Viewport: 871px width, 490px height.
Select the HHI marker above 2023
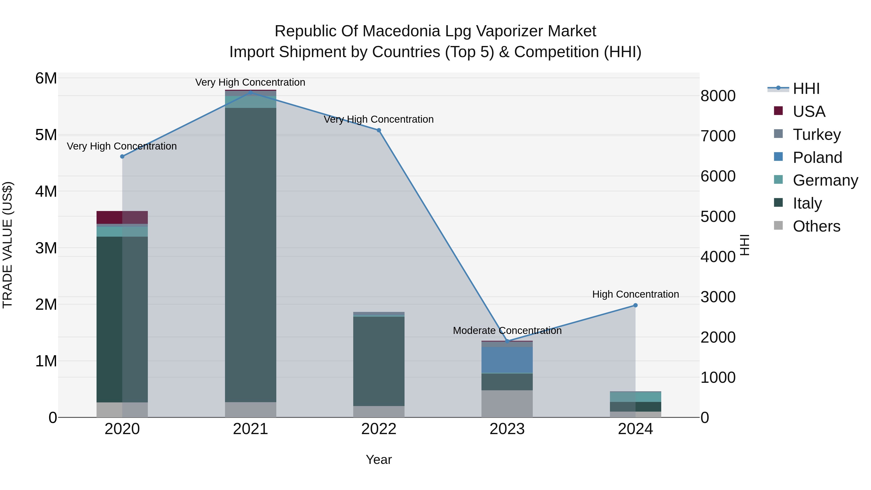click(x=507, y=341)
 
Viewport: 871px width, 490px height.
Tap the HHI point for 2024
click(x=635, y=305)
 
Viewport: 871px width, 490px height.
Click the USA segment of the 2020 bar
click(x=122, y=218)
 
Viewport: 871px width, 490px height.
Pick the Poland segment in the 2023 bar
click(x=507, y=360)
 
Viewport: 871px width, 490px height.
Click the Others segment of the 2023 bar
click(x=507, y=404)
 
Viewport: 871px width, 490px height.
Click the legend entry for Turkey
click(x=816, y=135)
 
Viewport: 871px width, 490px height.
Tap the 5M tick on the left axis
click(x=46, y=135)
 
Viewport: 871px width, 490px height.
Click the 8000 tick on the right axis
click(x=718, y=96)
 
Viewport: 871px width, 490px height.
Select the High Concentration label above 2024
click(x=635, y=294)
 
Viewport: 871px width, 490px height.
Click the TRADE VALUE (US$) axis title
click(x=8, y=245)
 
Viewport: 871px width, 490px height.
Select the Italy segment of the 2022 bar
click(x=379, y=361)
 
